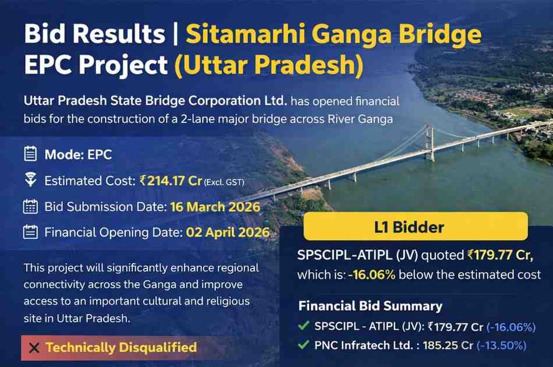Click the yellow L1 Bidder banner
[x=415, y=227]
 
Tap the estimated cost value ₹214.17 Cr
[x=171, y=181]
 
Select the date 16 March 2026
[x=215, y=207]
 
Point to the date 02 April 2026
[x=228, y=233]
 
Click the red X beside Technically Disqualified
[x=34, y=348]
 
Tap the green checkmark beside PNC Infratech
[x=303, y=345]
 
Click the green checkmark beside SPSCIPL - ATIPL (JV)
[x=303, y=327]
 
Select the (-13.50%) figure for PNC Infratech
[x=501, y=345]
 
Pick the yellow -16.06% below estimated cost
[x=372, y=274]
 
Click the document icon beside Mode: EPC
[x=30, y=155]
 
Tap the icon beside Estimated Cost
[x=30, y=181]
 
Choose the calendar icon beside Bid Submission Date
[x=30, y=207]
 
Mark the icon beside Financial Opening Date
[x=30, y=233]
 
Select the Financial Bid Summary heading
[x=370, y=306]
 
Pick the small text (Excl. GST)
[x=224, y=182]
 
